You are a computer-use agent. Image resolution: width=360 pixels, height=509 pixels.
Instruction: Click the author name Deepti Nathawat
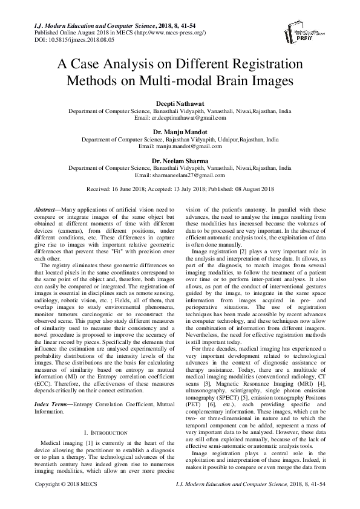click(180, 105)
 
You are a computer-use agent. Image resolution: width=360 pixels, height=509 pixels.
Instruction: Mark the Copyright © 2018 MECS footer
click(62, 502)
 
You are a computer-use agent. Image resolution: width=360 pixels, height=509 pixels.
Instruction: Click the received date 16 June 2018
click(129, 188)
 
